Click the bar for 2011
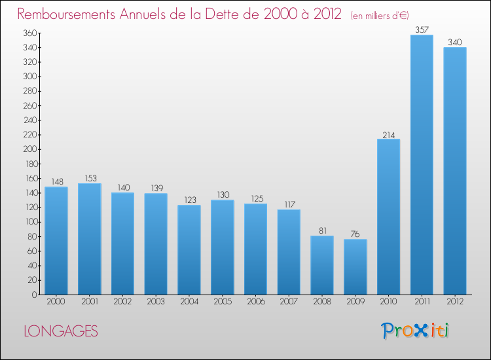(x=422, y=165)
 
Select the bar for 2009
(x=355, y=266)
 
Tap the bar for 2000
(x=56, y=241)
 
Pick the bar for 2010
(x=389, y=217)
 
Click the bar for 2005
(x=223, y=247)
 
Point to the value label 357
(x=422, y=29)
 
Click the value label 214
(x=389, y=135)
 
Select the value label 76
(x=355, y=234)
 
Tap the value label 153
(x=91, y=178)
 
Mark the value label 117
(x=289, y=204)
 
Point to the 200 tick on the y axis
(x=30, y=149)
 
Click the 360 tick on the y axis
(x=30, y=33)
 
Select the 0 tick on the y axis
(x=34, y=295)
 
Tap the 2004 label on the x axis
(x=189, y=301)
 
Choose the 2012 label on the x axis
(x=455, y=301)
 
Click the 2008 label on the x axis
(x=322, y=301)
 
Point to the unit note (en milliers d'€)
(x=380, y=15)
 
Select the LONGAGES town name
(x=61, y=331)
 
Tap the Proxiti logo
(x=414, y=331)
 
